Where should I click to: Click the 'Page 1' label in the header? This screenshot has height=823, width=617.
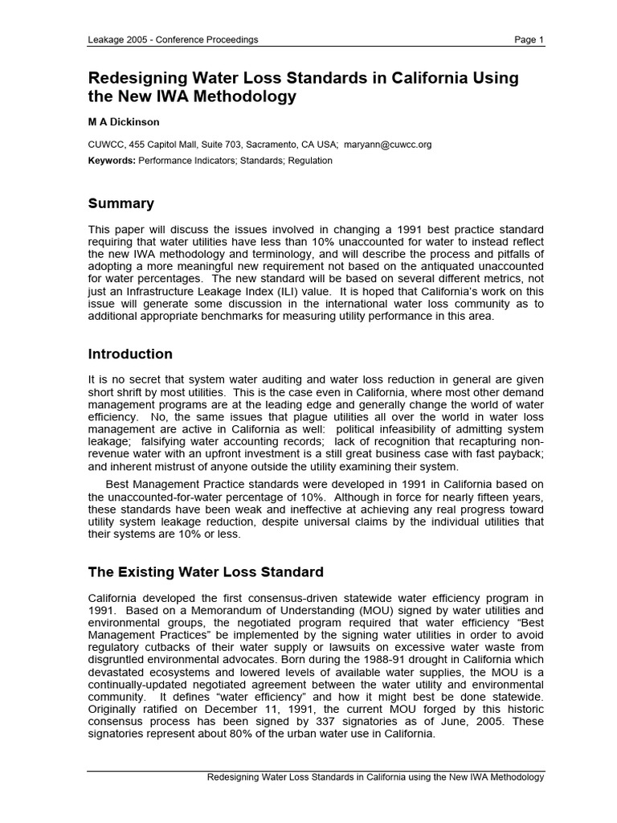(529, 39)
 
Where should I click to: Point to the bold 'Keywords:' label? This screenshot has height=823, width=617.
(112, 160)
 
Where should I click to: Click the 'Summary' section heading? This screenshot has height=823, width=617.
(121, 203)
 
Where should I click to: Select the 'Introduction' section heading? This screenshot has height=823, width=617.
(130, 354)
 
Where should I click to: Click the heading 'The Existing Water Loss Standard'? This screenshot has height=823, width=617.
(206, 572)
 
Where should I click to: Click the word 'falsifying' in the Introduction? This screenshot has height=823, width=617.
(167, 440)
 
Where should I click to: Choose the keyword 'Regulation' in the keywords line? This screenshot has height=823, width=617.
(307, 160)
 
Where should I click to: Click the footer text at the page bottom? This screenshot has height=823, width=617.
(376, 777)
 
